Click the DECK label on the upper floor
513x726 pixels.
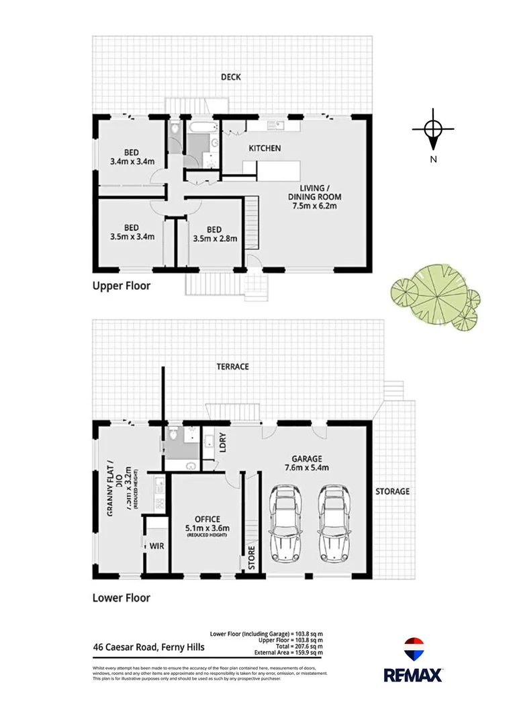tap(231, 77)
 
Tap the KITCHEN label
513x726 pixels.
tap(265, 148)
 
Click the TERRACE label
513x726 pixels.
tap(232, 366)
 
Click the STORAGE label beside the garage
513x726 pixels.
tap(392, 491)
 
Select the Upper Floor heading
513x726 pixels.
tap(121, 286)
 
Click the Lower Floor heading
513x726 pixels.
tap(121, 598)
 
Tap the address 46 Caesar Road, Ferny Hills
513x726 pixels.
tap(148, 648)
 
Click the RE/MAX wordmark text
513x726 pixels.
tap(413, 674)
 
